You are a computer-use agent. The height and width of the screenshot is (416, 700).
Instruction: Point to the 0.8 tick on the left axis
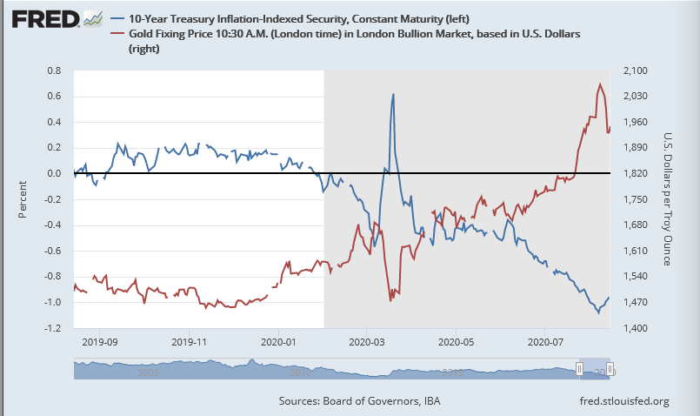[x=54, y=70]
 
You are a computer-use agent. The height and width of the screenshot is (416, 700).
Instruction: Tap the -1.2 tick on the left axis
[x=52, y=328]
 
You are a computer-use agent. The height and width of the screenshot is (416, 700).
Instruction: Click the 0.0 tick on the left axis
[x=54, y=174]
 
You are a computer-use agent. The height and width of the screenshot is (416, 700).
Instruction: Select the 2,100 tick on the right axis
[x=637, y=70]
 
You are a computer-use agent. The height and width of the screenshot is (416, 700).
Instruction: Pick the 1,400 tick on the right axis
[x=637, y=328]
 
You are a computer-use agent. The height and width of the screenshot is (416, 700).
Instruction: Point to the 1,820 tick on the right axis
[x=637, y=174]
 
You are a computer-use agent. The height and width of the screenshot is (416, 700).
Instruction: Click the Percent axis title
[x=23, y=199]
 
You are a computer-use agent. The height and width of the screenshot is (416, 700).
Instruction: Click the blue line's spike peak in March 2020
[x=393, y=94]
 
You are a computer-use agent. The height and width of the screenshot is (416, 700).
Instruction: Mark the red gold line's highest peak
[x=600, y=84]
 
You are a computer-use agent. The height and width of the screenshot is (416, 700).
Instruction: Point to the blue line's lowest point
[x=598, y=312]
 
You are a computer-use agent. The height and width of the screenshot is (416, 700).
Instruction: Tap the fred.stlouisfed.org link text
[x=623, y=400]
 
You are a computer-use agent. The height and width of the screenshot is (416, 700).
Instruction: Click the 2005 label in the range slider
[x=147, y=372]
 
